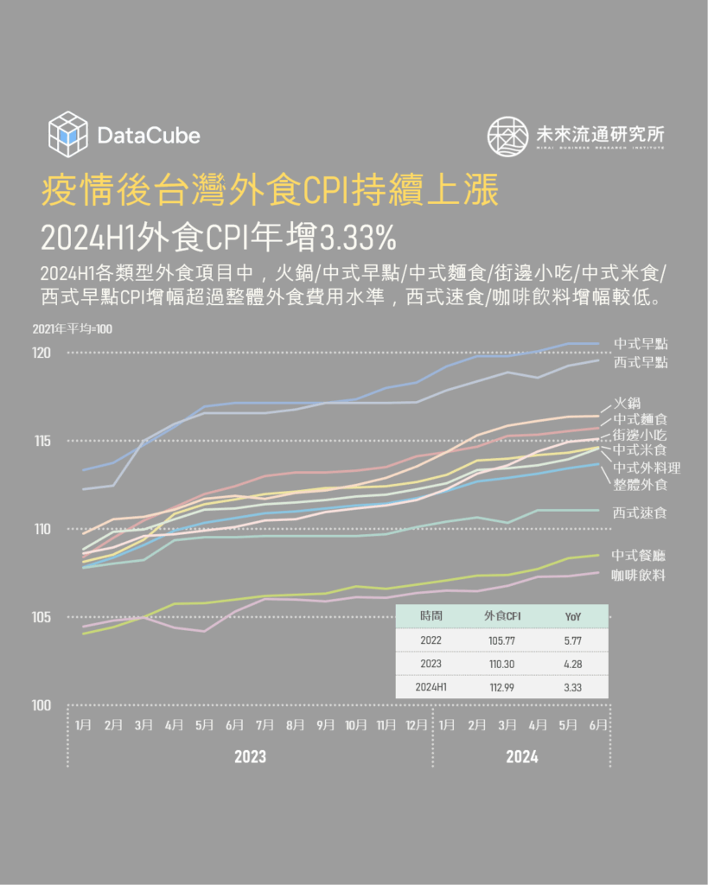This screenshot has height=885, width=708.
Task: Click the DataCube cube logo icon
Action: click(x=68, y=134)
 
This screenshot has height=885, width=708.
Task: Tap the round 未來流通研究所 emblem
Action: click(x=507, y=135)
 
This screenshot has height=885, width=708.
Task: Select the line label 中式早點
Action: click(x=640, y=344)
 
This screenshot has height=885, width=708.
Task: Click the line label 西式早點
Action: click(x=640, y=363)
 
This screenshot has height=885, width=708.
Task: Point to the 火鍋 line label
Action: click(x=627, y=403)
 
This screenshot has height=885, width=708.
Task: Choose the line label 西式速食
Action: click(x=640, y=513)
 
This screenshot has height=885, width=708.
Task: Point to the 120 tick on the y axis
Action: click(x=43, y=353)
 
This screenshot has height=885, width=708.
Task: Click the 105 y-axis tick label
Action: click(x=43, y=617)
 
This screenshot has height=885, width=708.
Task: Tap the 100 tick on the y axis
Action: click(x=43, y=705)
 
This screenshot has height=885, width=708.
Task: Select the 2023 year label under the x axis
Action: click(x=250, y=757)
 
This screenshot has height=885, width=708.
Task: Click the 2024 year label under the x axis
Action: click(x=521, y=757)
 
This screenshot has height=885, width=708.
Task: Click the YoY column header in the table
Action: click(x=573, y=615)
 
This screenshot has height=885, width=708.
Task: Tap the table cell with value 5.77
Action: click(x=573, y=640)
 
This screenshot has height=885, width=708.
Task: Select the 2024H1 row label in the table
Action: click(x=431, y=687)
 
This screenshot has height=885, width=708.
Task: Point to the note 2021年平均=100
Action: click(x=73, y=328)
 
